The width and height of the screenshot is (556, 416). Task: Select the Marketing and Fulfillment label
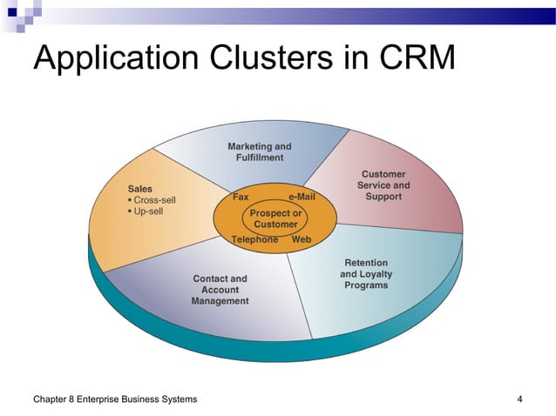pos(260,151)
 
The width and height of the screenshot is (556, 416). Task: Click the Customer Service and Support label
pos(383,185)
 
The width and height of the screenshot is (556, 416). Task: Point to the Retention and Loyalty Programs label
pos(366,273)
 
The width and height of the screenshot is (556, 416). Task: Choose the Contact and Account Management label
pos(220,290)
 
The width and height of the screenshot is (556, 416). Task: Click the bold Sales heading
pos(140,188)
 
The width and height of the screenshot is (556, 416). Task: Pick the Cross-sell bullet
pos(153,199)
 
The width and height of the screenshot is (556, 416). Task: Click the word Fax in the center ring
pos(241,197)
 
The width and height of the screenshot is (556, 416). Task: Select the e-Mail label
pos(302,197)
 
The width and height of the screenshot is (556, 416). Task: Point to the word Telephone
pos(255,239)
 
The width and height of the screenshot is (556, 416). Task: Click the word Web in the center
pos(302,239)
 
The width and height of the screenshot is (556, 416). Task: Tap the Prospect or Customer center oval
pos(275,218)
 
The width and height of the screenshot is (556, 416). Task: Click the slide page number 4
pos(519,399)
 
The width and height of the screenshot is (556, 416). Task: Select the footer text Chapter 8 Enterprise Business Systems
pos(114,399)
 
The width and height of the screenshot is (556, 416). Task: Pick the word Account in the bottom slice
pos(220,290)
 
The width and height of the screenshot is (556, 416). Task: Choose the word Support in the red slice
pos(383,197)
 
